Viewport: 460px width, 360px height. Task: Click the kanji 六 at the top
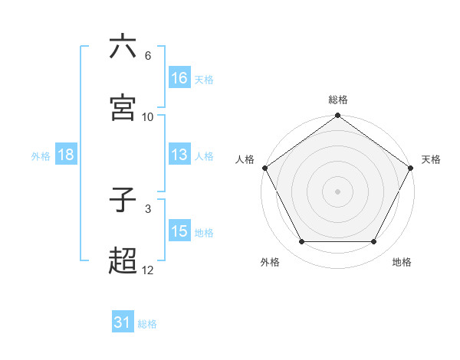[x=123, y=47]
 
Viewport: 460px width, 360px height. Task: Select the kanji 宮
[x=123, y=108]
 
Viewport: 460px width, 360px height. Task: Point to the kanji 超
[x=123, y=261]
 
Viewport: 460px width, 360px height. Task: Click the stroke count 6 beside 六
[x=147, y=56]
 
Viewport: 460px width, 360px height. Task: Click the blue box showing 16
[x=179, y=77]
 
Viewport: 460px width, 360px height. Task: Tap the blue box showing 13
[x=179, y=155]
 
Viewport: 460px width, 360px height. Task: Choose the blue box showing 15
[x=179, y=231]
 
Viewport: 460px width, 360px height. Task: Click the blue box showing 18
[x=65, y=155]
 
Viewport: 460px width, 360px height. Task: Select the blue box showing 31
[x=123, y=322]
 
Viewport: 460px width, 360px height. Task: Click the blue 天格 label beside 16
[x=204, y=79]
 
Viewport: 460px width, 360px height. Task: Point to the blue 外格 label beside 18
[x=41, y=155]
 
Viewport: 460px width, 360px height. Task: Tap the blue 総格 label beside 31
[x=147, y=324]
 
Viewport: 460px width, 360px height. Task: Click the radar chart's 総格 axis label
[x=338, y=100]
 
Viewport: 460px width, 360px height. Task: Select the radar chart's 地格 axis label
[x=402, y=262]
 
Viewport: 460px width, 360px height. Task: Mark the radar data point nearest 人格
[x=264, y=168]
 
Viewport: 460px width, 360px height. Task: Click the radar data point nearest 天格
[x=411, y=168]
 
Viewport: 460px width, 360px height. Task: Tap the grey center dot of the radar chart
[x=338, y=191]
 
